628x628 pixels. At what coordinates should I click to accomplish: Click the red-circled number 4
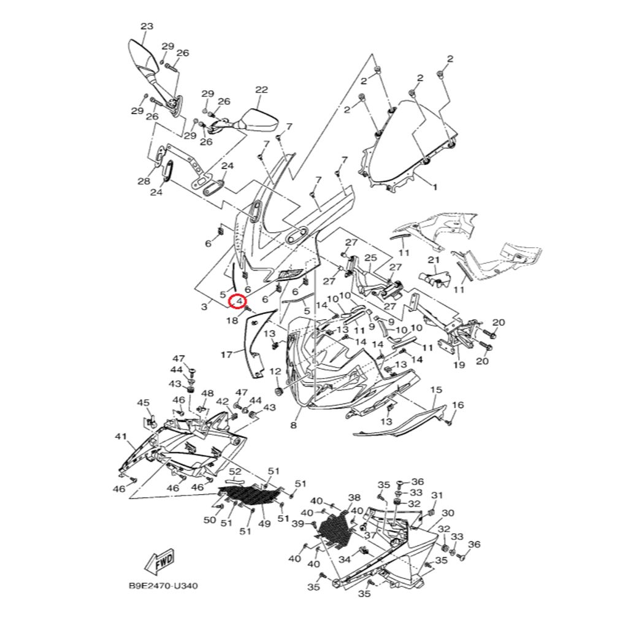coord(238,302)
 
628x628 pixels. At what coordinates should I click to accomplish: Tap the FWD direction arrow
coord(159,562)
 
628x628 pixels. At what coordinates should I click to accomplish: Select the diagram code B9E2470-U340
coord(163,586)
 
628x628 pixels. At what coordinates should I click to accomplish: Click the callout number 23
coord(147,26)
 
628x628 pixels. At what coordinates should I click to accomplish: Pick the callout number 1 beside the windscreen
coord(435,187)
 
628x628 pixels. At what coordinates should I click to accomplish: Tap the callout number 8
coord(293,426)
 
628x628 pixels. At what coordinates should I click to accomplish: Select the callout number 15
coord(436,390)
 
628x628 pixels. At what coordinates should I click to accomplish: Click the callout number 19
coord(459,366)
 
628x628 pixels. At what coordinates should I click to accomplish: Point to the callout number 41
coord(120,437)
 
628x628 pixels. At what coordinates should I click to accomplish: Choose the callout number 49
coord(264,524)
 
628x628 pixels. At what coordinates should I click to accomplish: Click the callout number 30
coord(448,513)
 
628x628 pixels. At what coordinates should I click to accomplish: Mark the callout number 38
coord(354,497)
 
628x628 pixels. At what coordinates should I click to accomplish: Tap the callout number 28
coord(144,181)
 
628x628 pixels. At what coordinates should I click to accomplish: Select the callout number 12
coord(275,372)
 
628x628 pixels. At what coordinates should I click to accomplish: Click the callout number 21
coord(434,260)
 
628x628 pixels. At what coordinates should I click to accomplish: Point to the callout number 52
coord(235,471)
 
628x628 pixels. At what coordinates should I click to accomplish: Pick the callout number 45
coord(143,403)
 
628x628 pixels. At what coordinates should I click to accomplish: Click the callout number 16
coord(458,405)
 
